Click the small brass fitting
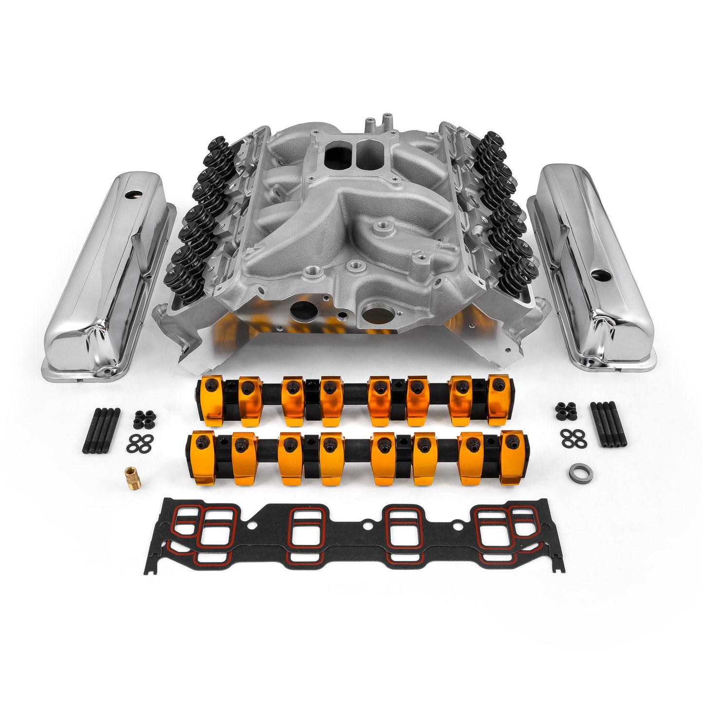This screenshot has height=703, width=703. (130, 472)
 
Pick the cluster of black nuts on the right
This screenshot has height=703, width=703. (565, 411)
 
